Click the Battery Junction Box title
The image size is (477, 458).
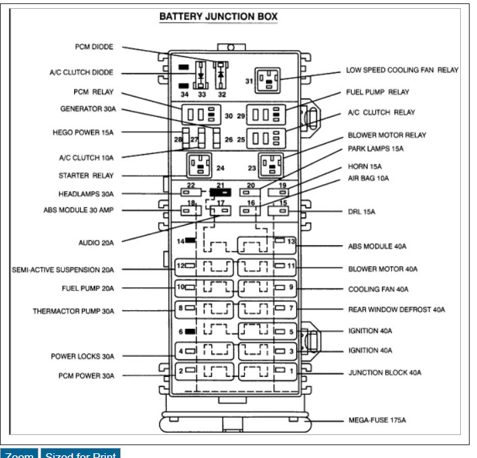pos(218,17)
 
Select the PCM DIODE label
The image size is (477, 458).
pos(94,47)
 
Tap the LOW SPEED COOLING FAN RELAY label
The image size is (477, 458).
pos(402,70)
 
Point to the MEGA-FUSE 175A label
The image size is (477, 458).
pos(377,420)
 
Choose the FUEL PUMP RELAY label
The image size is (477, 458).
pos(378,92)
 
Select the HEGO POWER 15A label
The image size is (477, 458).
pos(83,132)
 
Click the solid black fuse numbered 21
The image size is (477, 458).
pos(220,193)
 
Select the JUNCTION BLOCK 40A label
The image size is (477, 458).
pos(385,372)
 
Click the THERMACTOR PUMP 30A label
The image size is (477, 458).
pos(74,311)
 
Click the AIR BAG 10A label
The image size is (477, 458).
pos(368,178)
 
